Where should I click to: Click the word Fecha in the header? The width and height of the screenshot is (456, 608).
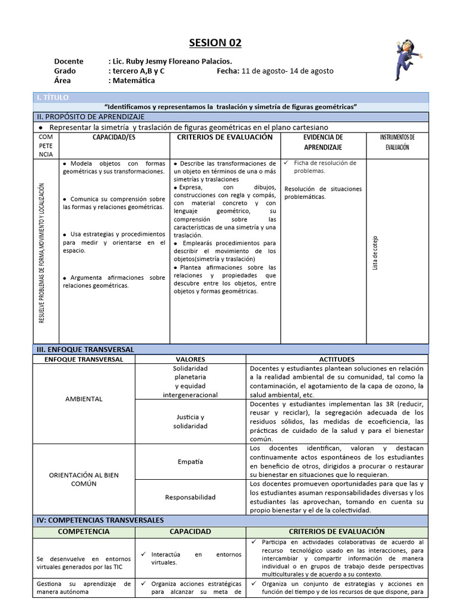[x=227, y=71]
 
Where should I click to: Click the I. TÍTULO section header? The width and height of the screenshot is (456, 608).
[x=53, y=97]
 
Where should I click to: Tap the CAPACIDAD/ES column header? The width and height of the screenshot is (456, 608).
[x=115, y=137]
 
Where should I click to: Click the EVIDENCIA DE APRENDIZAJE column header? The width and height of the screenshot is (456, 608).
[x=323, y=142]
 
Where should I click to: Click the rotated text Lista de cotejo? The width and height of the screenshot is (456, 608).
[x=375, y=253]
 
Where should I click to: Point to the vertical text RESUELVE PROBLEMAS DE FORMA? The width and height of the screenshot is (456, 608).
[x=42, y=252]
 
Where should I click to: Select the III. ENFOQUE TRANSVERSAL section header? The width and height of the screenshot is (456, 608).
[x=85, y=350]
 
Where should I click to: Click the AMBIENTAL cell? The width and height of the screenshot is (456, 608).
[x=84, y=398]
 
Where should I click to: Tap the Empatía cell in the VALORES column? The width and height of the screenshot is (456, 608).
[x=190, y=461]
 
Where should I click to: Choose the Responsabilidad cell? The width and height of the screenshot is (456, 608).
[x=190, y=497]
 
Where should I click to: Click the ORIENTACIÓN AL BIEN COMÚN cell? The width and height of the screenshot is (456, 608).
[x=84, y=479]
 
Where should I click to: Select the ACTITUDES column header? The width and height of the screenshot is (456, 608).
[x=337, y=359]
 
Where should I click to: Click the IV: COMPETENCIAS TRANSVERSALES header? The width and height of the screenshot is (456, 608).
[x=100, y=520]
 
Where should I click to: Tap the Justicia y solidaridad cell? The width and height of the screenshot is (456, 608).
[x=190, y=422]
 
